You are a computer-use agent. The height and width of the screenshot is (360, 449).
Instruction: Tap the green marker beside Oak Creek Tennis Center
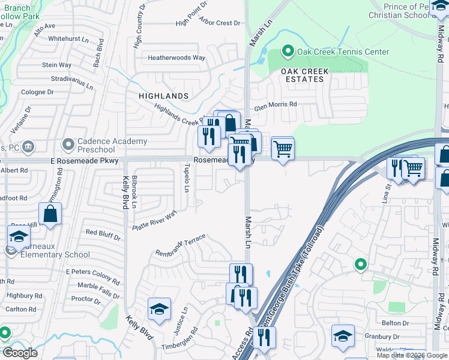tap(288, 52)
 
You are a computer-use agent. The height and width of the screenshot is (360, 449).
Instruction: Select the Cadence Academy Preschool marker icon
tap(67, 145)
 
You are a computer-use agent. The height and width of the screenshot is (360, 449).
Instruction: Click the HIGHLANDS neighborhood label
tap(164, 96)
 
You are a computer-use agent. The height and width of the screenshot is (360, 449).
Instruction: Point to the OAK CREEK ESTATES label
tap(305, 75)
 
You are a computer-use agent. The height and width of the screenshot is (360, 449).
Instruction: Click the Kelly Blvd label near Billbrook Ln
tap(126, 191)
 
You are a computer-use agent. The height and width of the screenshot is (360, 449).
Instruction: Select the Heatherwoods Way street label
tap(177, 58)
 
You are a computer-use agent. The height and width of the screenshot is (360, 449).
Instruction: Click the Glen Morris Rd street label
tap(276, 104)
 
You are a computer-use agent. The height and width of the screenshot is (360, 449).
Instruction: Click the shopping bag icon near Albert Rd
tap(50, 214)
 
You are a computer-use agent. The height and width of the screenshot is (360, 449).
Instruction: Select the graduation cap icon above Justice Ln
tap(159, 309)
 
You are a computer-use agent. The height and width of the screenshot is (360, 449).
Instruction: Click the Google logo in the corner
tap(20, 353)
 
